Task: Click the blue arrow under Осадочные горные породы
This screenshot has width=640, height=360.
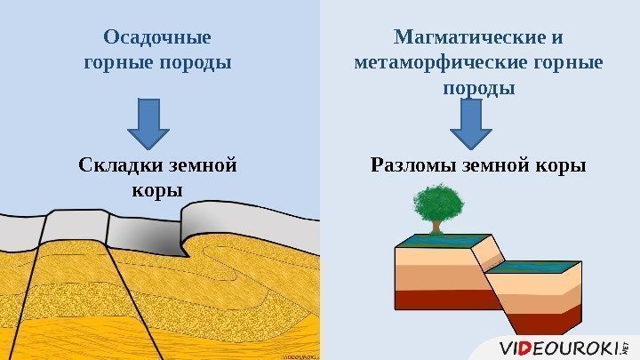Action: click(148, 124)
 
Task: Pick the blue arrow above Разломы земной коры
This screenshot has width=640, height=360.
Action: click(471, 124)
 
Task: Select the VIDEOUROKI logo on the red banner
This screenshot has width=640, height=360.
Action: click(560, 348)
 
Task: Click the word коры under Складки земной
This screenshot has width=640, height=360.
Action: click(156, 190)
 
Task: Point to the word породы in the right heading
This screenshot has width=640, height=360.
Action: click(478, 89)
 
